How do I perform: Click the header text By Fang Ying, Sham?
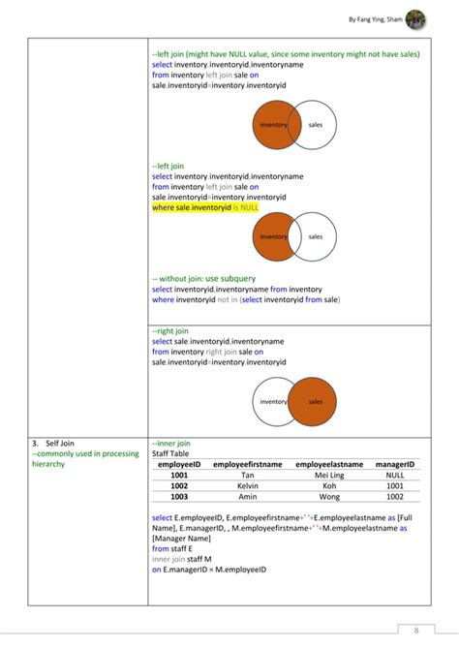(373, 19)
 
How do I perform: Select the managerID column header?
(394, 465)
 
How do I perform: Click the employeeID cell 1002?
(179, 486)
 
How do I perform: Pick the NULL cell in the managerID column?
(394, 476)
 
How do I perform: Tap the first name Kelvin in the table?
(248, 486)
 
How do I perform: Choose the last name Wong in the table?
(329, 497)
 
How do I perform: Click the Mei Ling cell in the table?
(329, 476)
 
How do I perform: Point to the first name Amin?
(248, 497)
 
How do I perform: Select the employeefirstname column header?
(248, 465)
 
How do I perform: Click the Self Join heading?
(53, 443)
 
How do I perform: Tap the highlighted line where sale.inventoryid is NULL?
(205, 207)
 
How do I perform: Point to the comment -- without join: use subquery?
(203, 278)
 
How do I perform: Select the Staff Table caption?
(171, 453)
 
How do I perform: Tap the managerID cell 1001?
(394, 486)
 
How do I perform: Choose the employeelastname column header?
(329, 465)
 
